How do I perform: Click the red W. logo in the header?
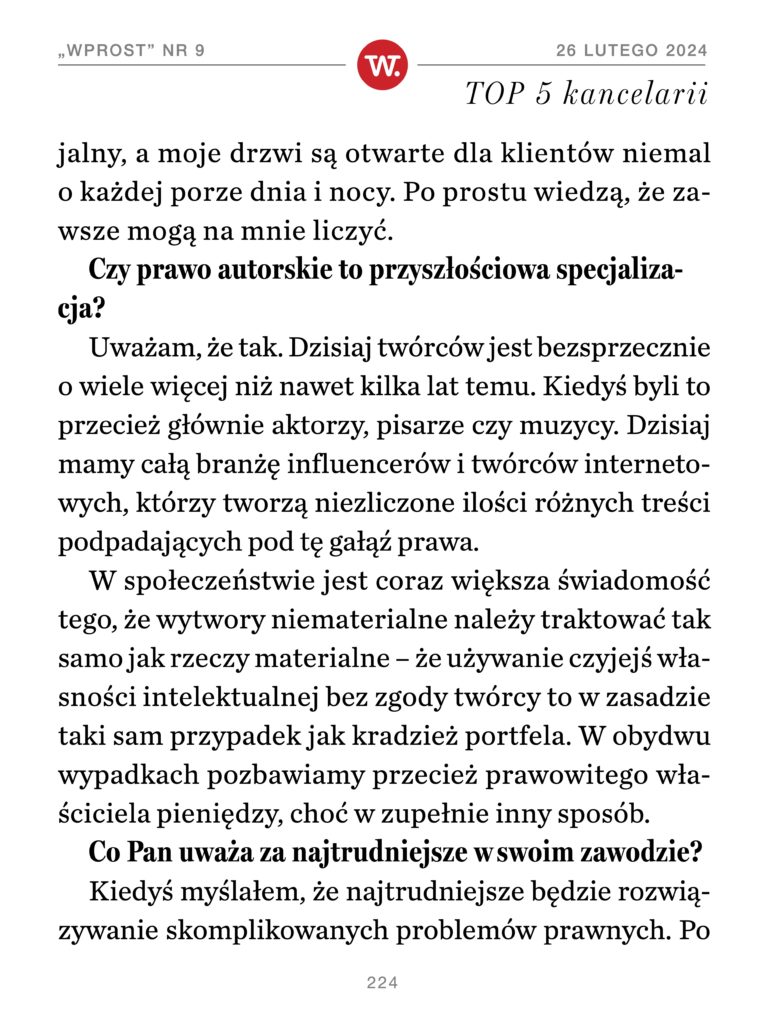381,65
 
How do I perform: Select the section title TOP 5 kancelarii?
587,94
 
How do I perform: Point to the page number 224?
382,983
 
